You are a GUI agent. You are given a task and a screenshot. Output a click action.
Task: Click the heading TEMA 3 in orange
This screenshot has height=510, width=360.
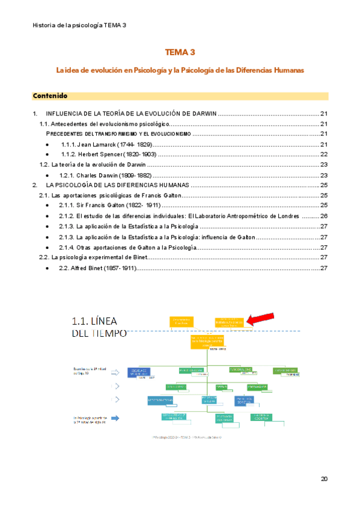[180, 53]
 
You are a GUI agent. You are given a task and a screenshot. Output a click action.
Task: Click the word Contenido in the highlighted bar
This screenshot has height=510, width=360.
[50, 96]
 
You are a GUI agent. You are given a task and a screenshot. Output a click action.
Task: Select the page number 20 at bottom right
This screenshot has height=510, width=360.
[324, 479]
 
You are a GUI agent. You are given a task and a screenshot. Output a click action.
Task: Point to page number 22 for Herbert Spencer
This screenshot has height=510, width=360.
[323, 155]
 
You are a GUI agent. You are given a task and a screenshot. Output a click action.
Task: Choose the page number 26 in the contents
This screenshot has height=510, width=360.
[323, 216]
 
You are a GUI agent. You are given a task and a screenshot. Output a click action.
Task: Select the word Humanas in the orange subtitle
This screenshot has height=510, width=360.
[287, 70]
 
